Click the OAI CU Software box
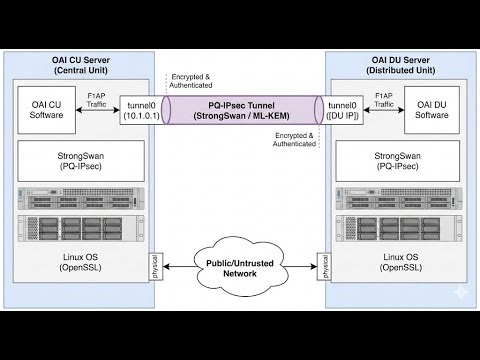coord(47,109)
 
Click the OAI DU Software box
coord(432,109)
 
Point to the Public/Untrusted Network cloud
coord(240,266)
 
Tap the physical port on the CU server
coord(157,266)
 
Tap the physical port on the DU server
coord(323,266)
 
